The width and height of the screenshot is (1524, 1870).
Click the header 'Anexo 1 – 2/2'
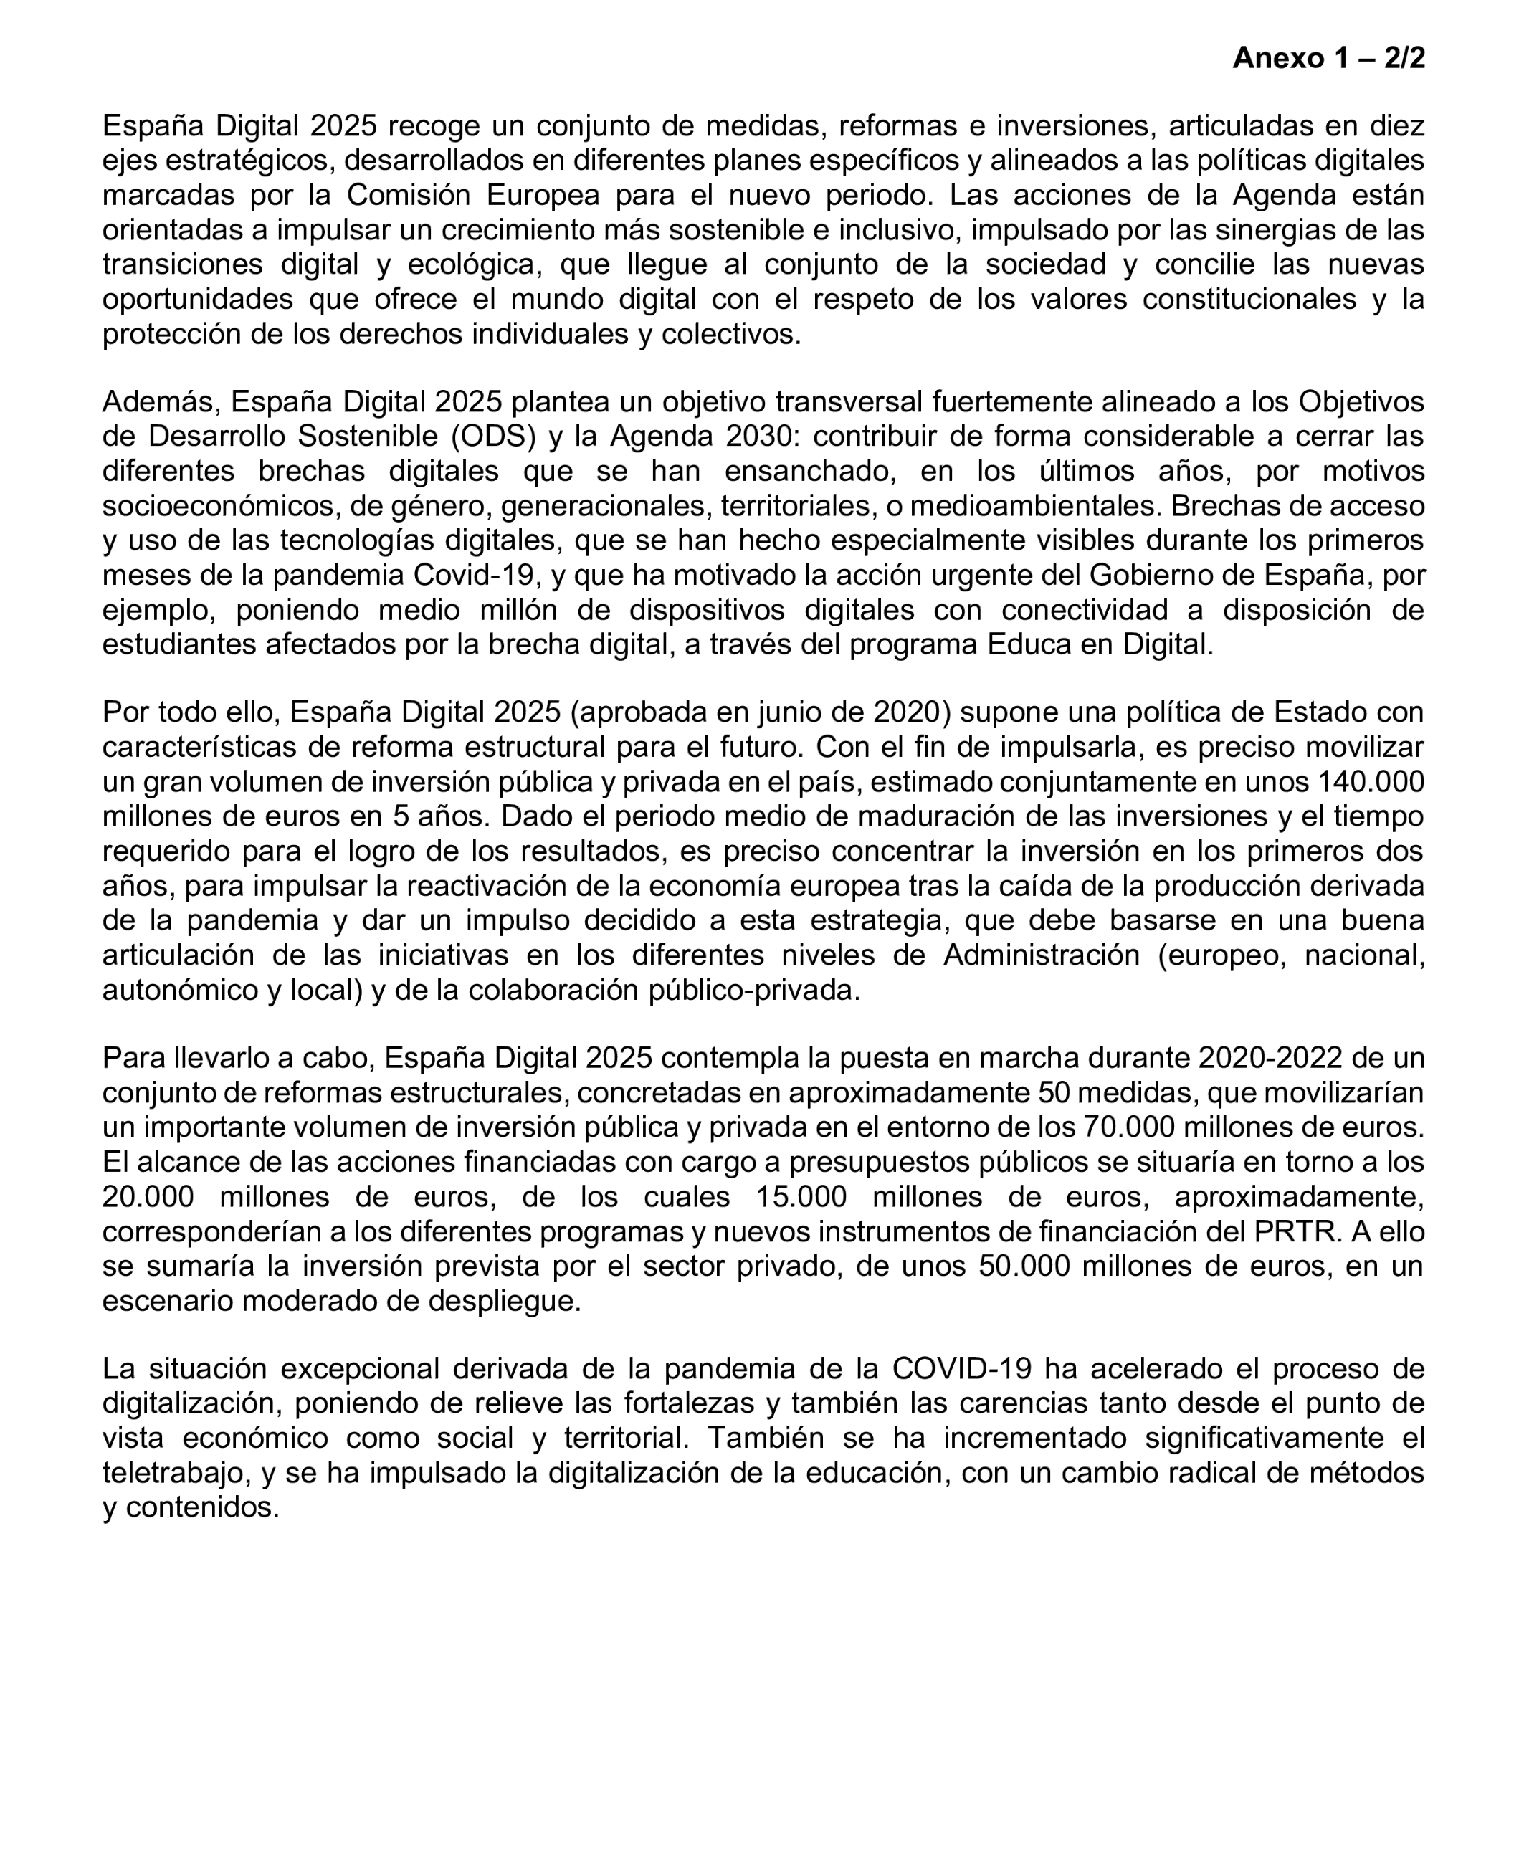1328,58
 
